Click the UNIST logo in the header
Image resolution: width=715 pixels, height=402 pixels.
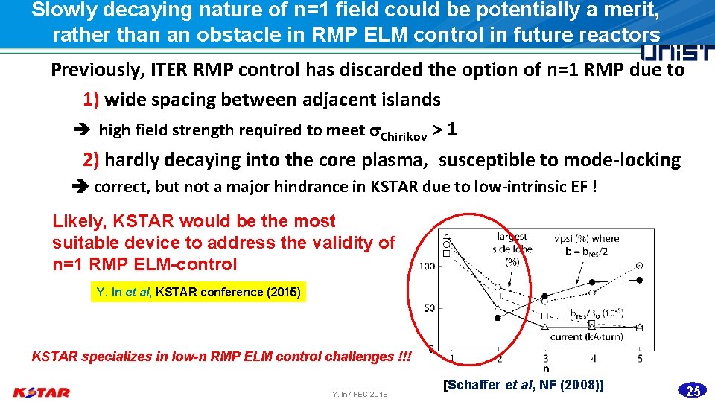tap(676, 53)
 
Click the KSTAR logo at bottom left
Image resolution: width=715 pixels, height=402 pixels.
tap(42, 392)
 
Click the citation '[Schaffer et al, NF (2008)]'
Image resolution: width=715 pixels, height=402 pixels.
tap(523, 385)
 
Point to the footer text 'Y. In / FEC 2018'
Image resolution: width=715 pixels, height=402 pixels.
tap(360, 393)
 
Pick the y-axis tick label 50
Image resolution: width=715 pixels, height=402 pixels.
tap(428, 307)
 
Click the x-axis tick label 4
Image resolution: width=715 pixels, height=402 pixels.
tap(593, 358)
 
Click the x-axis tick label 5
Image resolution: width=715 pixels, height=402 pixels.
tap(641, 358)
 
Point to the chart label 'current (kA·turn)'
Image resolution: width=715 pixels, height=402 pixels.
tap(586, 336)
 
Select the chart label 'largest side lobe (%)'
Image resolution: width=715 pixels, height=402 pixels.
tap(512, 249)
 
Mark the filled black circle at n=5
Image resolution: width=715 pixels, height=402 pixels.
tap(640, 280)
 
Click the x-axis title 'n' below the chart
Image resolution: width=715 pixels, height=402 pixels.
tap(547, 368)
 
